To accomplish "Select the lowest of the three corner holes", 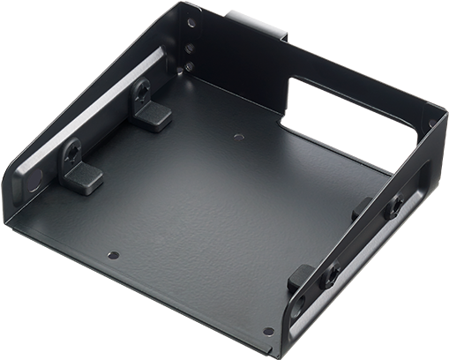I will click(x=188, y=65).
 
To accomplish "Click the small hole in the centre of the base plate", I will click(x=240, y=137).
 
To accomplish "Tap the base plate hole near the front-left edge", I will click(x=111, y=255).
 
